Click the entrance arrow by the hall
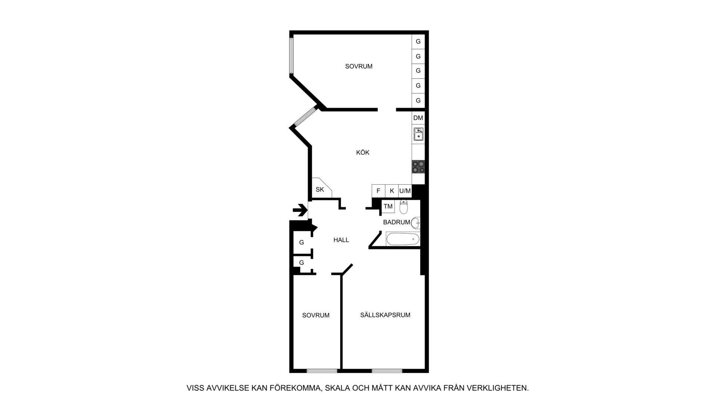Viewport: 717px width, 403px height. (299, 211)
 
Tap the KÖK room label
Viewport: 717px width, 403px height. (363, 153)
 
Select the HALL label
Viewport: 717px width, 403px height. (341, 240)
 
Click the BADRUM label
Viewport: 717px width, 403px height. (397, 222)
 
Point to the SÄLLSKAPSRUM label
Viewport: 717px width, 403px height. (385, 315)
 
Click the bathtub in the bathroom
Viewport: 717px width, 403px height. (403, 239)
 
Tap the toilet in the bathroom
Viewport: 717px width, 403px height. (404, 206)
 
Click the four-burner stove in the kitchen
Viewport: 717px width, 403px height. (418, 166)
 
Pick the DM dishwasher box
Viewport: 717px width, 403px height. (418, 118)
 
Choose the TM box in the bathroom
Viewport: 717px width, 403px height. (388, 206)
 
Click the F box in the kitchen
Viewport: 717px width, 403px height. (378, 191)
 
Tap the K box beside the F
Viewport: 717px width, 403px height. (392, 191)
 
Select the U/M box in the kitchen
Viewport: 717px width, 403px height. (405, 191)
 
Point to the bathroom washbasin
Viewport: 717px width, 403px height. (416, 223)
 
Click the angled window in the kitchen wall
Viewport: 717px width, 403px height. (305, 116)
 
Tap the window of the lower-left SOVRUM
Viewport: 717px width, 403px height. (322, 371)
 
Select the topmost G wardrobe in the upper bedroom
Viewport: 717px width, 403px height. (418, 41)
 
